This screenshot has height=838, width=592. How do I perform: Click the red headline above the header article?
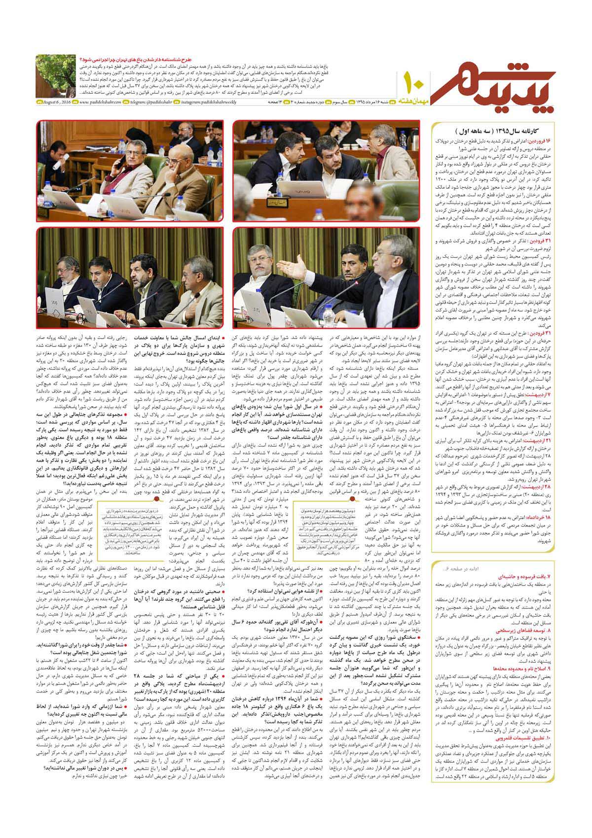click(121, 60)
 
